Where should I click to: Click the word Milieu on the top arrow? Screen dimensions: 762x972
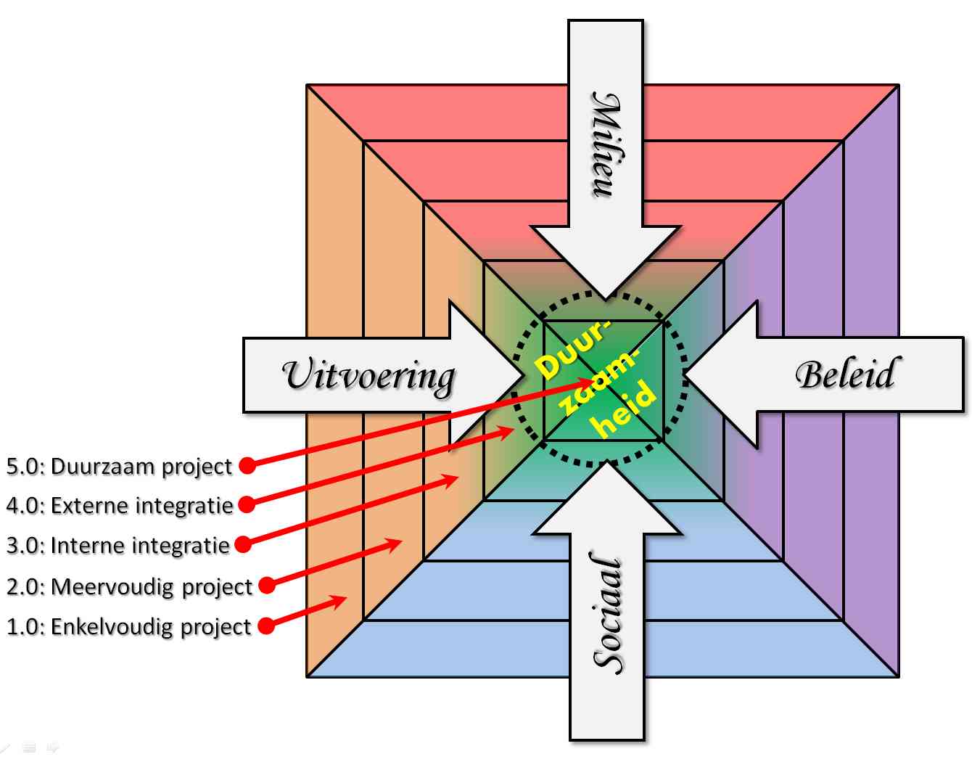(606, 144)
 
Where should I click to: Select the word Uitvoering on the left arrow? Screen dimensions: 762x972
(368, 375)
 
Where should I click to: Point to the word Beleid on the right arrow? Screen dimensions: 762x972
(845, 374)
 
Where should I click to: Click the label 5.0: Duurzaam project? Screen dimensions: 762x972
(119, 466)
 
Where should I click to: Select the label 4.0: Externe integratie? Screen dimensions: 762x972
(120, 505)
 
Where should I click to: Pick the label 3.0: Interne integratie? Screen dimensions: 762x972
(118, 545)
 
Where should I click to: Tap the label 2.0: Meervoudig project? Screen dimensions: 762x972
(129, 586)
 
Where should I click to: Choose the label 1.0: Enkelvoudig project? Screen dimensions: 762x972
(128, 626)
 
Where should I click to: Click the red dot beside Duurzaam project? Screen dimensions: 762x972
(247, 465)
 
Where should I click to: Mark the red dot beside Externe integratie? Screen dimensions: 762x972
(247, 504)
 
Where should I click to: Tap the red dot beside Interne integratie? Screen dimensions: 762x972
(243, 544)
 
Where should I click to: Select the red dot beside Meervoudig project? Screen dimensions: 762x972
(267, 584)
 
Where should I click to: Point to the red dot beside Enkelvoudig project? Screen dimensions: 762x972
(266, 625)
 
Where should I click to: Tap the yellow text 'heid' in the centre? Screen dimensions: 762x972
(625, 411)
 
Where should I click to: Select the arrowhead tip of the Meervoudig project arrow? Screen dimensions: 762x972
(400, 541)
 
